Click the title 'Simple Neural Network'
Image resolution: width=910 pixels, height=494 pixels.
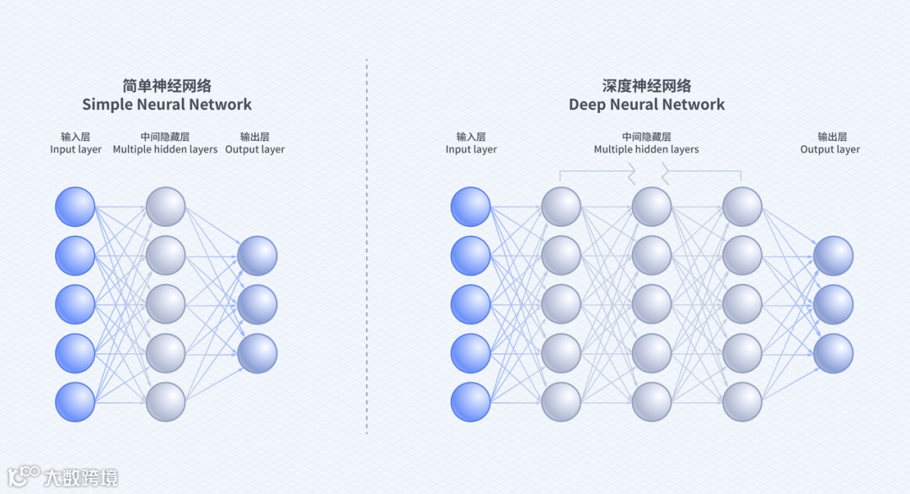[167, 105]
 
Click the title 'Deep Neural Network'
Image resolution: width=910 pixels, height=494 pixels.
[646, 105]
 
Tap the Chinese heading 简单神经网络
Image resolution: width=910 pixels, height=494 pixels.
[167, 85]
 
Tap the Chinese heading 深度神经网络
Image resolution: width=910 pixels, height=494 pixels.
[646, 85]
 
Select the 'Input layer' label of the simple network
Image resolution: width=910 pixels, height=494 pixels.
[76, 149]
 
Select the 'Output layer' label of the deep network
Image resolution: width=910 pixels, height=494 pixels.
[830, 149]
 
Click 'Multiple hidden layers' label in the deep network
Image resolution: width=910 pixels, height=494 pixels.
[646, 149]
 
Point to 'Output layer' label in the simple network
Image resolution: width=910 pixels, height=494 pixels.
[254, 149]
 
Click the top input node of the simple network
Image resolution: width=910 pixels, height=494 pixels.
[75, 207]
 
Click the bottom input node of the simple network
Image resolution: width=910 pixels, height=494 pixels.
[75, 402]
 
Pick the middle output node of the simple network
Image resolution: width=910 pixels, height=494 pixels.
[257, 304]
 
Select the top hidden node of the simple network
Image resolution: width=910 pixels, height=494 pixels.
[165, 207]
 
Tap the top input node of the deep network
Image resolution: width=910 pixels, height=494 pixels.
[470, 207]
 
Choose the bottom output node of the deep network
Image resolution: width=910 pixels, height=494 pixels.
[833, 353]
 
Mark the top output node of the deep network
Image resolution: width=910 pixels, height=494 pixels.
[833, 255]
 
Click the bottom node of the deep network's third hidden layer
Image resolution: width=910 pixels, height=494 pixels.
[742, 402]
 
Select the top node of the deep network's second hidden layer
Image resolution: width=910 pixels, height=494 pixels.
[651, 207]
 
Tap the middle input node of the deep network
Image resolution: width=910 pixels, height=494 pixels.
[470, 304]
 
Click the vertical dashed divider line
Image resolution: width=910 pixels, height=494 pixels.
[367, 253]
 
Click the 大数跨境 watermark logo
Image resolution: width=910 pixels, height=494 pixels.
[63, 476]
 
